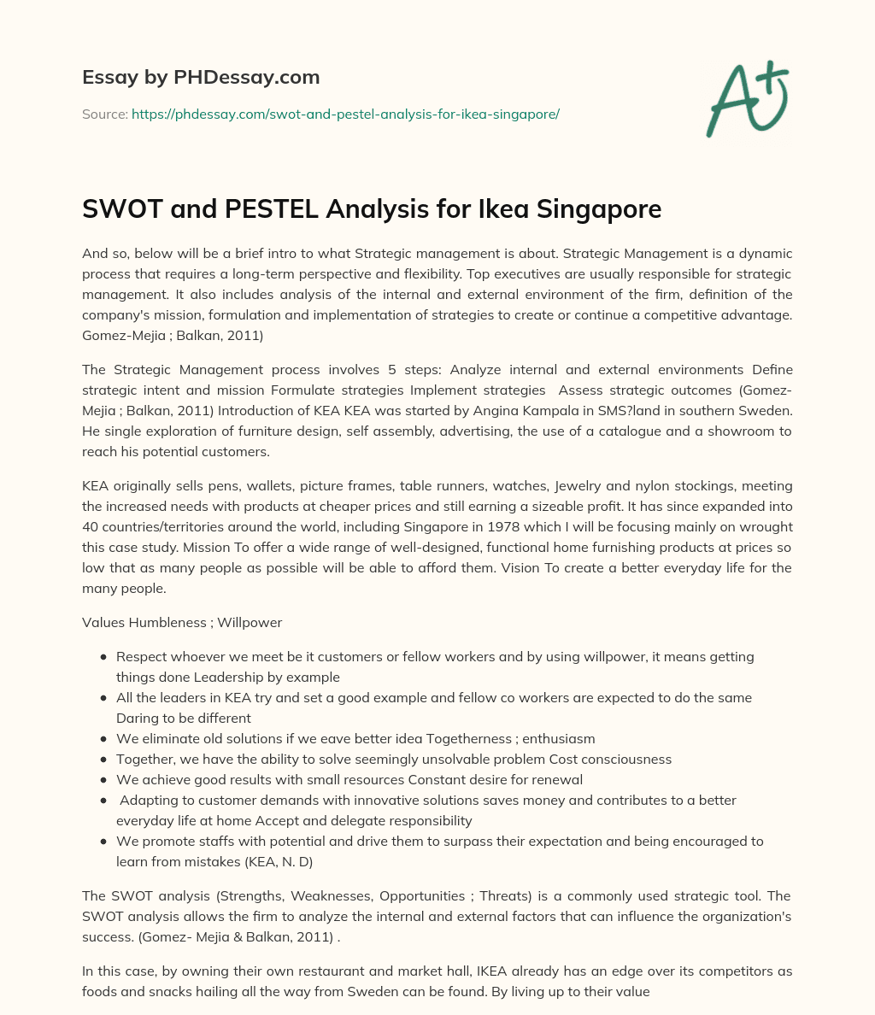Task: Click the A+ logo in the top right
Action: [x=747, y=100]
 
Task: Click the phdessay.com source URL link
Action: [x=345, y=114]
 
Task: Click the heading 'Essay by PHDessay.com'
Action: [x=201, y=78]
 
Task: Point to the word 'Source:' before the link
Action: [x=105, y=114]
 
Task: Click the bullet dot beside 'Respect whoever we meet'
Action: [x=103, y=657]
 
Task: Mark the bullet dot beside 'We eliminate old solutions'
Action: [x=103, y=739]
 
